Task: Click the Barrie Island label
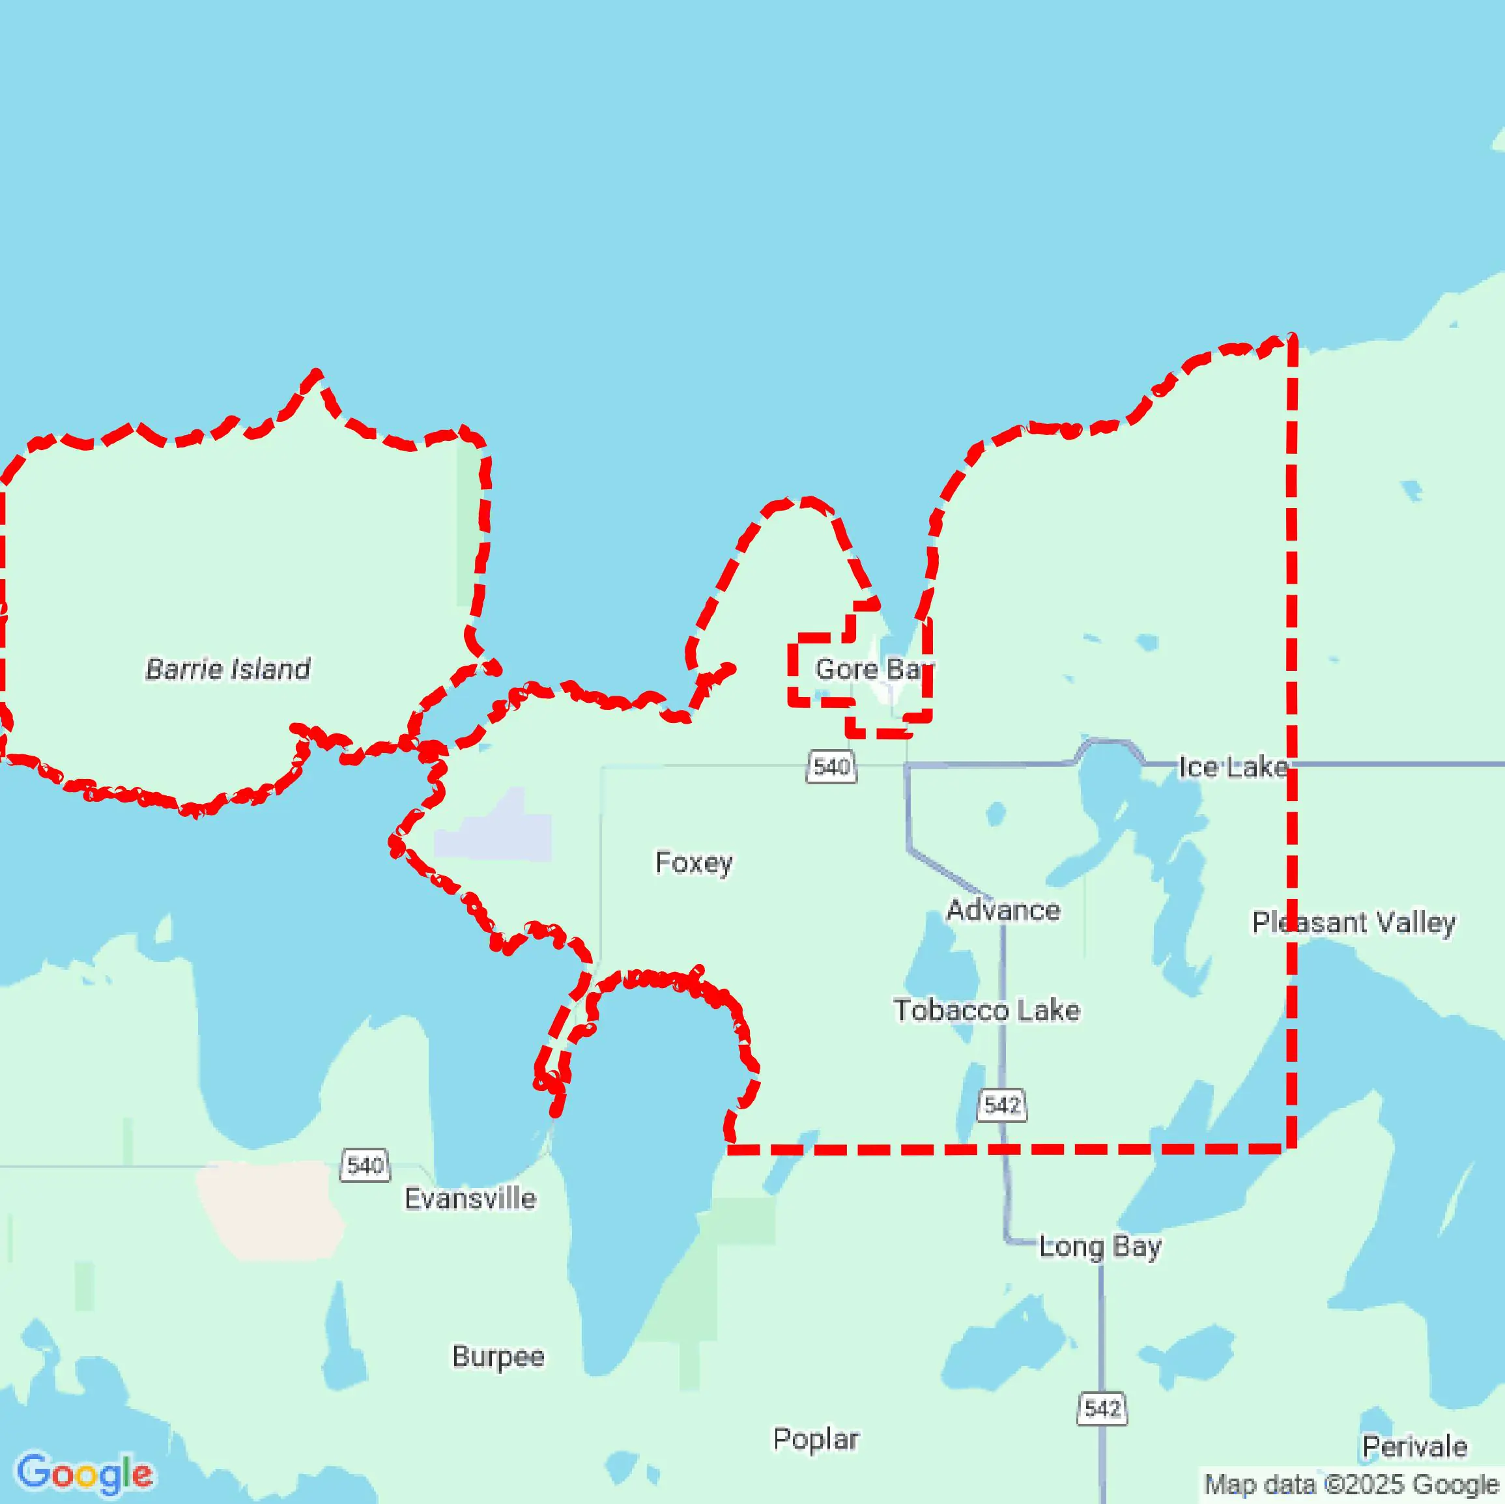tap(227, 669)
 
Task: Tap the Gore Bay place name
tap(873, 669)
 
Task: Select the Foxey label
tap(693, 862)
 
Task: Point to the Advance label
tap(1003, 910)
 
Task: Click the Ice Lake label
tap(1233, 767)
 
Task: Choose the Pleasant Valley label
tap(1353, 922)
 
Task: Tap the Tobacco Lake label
tap(986, 1010)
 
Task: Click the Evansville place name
tap(470, 1198)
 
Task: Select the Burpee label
tap(498, 1356)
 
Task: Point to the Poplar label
tap(816, 1439)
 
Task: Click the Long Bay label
tap(1100, 1246)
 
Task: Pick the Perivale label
tap(1414, 1447)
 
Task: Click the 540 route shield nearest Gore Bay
tap(831, 767)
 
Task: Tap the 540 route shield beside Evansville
tap(365, 1165)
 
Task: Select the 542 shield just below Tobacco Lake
tap(1002, 1105)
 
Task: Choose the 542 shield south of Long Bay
tap(1102, 1408)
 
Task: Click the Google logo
tap(84, 1473)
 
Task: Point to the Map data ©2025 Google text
tap(1351, 1484)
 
